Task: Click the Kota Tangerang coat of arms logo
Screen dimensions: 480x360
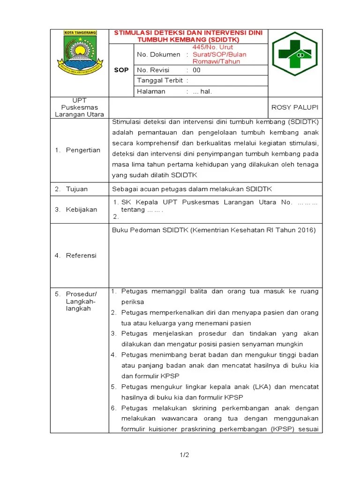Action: pyautogui.click(x=80, y=53)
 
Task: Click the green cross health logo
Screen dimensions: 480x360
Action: pyautogui.click(x=295, y=54)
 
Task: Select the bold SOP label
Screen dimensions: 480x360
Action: pyautogui.click(x=121, y=70)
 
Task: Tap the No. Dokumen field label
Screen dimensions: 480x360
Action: pyautogui.click(x=158, y=55)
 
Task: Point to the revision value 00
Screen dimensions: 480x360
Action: pyautogui.click(x=197, y=70)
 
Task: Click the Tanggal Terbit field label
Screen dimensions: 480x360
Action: pyautogui.click(x=159, y=81)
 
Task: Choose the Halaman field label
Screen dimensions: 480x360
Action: pyautogui.click(x=151, y=91)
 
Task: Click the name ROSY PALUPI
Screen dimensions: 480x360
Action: pyautogui.click(x=295, y=107)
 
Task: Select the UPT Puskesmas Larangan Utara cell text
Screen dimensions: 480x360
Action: pyautogui.click(x=79, y=107)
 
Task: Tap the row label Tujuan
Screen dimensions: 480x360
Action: pyautogui.click(x=77, y=189)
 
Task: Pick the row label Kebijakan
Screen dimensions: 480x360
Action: pyautogui.click(x=81, y=210)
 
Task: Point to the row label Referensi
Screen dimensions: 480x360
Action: pyautogui.click(x=81, y=255)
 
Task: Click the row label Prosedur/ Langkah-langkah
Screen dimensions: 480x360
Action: pyautogui.click(x=81, y=301)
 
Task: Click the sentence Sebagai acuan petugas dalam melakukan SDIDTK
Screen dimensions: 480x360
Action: pyautogui.click(x=192, y=189)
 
